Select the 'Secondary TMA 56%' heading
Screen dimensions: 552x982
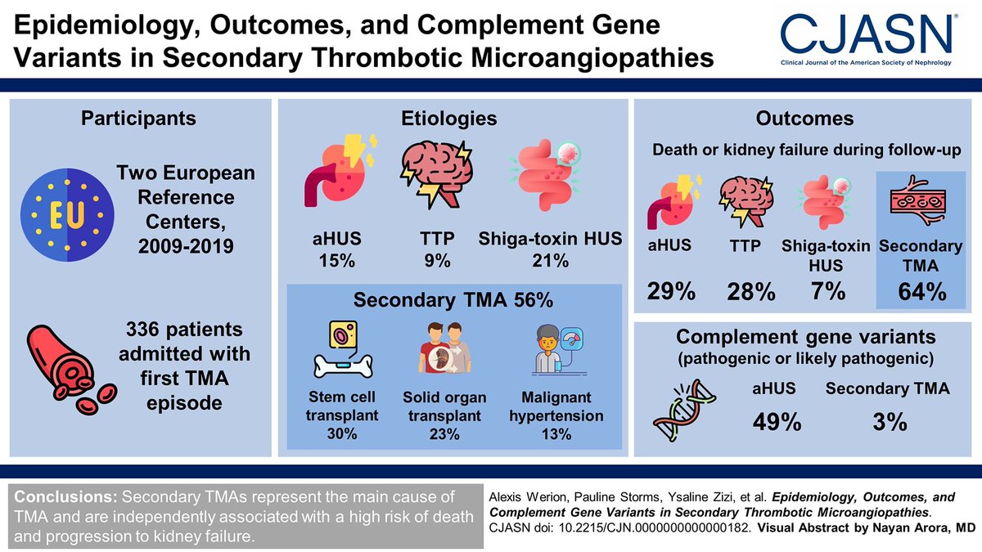click(453, 300)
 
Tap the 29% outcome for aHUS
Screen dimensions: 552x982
click(673, 291)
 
